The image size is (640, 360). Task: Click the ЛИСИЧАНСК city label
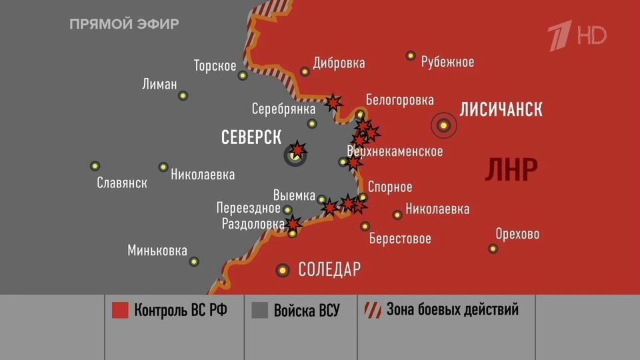tap(501, 109)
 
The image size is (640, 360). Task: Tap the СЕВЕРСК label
tap(251, 137)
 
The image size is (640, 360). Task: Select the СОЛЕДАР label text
tap(329, 269)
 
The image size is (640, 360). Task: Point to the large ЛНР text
tap(511, 170)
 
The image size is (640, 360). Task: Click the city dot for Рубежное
tap(411, 56)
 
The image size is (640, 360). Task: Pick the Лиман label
tap(160, 85)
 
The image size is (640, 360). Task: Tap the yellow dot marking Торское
tap(243, 75)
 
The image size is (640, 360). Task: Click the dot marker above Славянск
tap(95, 166)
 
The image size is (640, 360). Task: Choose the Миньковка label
tap(157, 251)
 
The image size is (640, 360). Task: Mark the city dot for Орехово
tap(493, 249)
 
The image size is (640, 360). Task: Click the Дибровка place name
tap(339, 63)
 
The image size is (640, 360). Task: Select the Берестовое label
tap(400, 239)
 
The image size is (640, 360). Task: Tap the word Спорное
tap(390, 187)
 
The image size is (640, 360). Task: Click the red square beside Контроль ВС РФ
tap(120, 311)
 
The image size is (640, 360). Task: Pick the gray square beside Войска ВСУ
tap(260, 311)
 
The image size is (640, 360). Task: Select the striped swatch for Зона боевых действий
tap(372, 311)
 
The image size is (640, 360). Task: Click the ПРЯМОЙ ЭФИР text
tap(124, 25)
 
